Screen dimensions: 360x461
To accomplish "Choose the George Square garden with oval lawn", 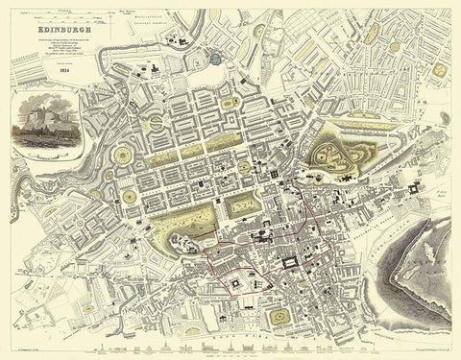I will (279, 316).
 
